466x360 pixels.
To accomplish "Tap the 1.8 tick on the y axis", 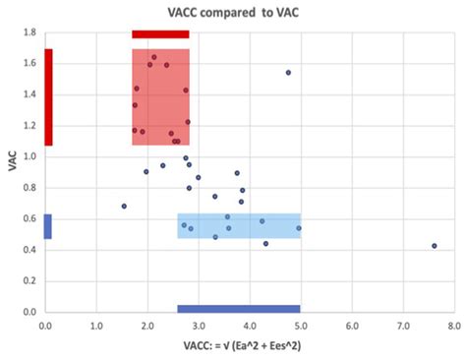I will pos(31,32).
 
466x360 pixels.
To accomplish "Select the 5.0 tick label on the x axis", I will pos(300,322).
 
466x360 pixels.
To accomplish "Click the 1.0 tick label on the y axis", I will pos(31,156).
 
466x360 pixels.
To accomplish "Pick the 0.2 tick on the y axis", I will pos(31,280).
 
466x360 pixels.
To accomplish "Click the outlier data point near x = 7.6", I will pos(434,246).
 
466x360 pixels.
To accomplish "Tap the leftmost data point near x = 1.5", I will pos(124,207).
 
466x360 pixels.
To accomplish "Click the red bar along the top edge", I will pos(160,34).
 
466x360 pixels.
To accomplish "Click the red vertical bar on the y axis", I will pos(48,97).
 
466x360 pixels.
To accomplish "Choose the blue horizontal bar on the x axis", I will pos(238,308).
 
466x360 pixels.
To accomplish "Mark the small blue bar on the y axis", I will pos(48,226).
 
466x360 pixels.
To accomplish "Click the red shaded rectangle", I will pos(160,97).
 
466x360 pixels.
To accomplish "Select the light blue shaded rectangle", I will pos(239,226).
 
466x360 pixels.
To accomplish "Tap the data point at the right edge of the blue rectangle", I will pos(299,228).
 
